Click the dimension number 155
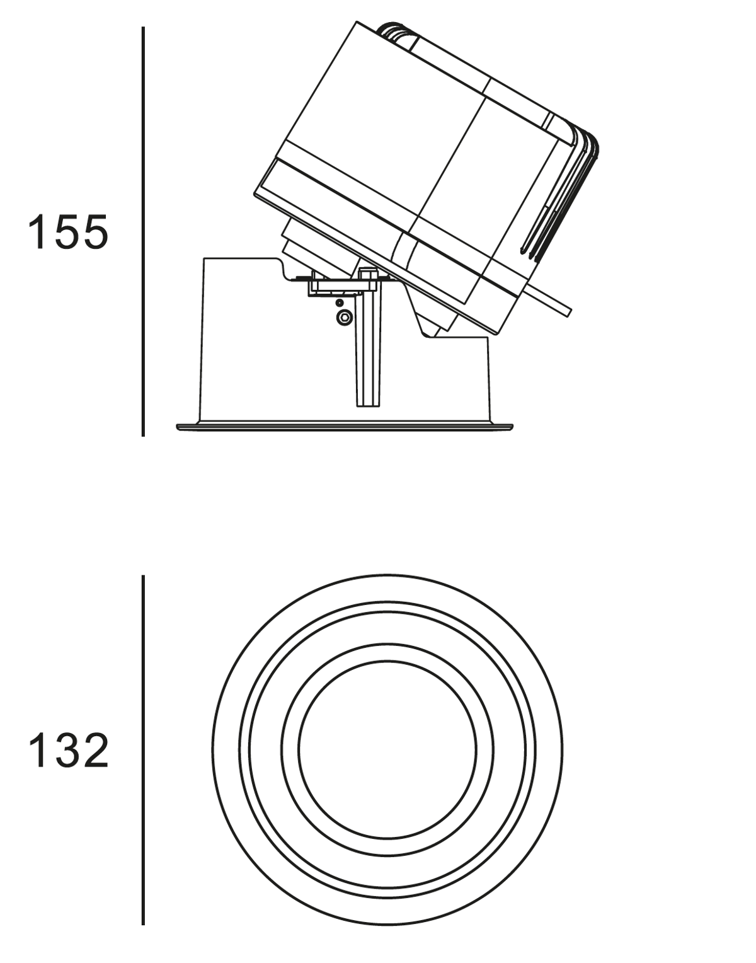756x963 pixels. click(68, 231)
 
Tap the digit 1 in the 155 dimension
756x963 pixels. click(37, 231)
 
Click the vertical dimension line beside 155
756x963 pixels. click(143, 232)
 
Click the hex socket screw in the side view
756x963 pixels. click(344, 317)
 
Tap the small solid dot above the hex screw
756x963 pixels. click(339, 303)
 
